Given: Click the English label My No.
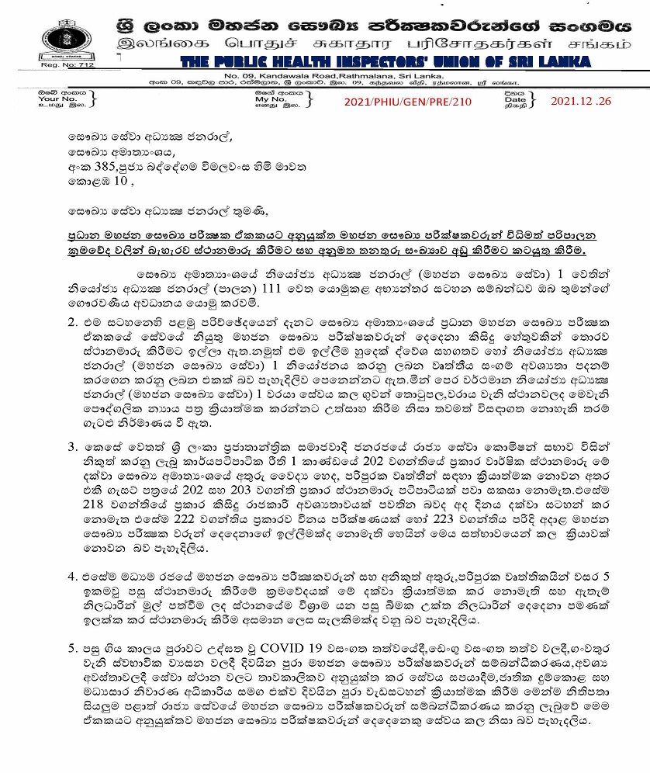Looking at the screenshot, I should [x=271, y=99].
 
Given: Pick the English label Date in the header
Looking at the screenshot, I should [x=515, y=99].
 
